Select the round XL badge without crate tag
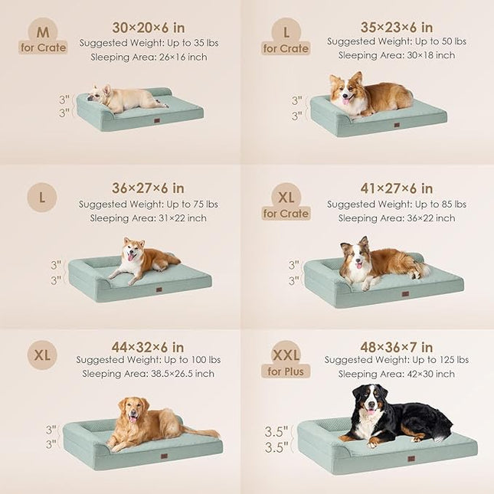(x=42, y=355)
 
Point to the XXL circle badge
(x=286, y=355)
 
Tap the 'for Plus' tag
(x=286, y=371)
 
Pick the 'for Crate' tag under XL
(x=286, y=214)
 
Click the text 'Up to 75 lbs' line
(x=148, y=204)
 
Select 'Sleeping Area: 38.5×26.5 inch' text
(x=148, y=374)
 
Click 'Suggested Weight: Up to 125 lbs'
(x=396, y=360)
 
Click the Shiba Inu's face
(x=132, y=252)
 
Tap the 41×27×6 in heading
(x=396, y=188)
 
